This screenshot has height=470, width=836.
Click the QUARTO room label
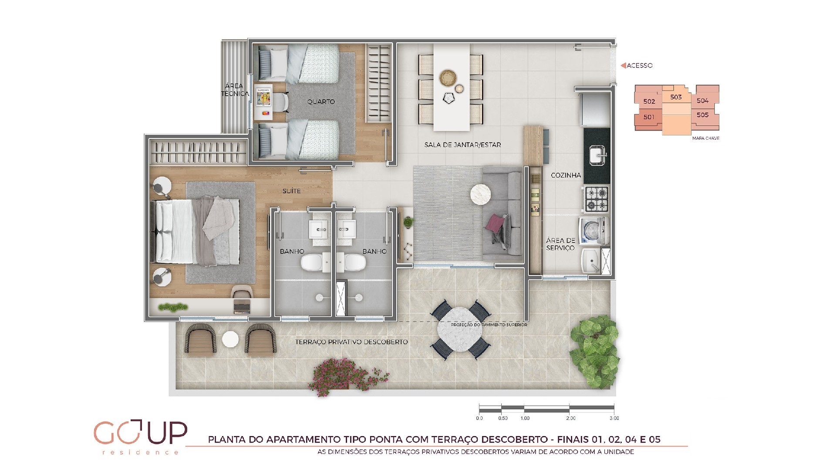(x=321, y=102)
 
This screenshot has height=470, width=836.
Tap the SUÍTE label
(x=291, y=191)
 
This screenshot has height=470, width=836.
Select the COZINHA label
(x=566, y=175)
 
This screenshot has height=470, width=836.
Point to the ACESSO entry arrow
(x=624, y=65)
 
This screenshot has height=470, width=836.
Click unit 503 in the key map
(x=676, y=97)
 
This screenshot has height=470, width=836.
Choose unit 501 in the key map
(x=649, y=117)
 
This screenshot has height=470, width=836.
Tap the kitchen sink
(x=597, y=155)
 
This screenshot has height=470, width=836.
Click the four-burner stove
(x=596, y=199)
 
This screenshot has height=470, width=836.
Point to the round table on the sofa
(x=481, y=194)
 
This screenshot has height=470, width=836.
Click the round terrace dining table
(x=460, y=329)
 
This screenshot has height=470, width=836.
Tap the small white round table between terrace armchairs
(x=230, y=339)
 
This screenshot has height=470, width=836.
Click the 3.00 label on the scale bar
(x=614, y=418)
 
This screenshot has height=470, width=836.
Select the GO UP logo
(x=140, y=436)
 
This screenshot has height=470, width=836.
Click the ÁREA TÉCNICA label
(x=235, y=90)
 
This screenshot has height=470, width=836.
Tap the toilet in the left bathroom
(x=312, y=262)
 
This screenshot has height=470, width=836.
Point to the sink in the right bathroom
(x=347, y=229)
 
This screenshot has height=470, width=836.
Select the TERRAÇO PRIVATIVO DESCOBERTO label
(x=351, y=342)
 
